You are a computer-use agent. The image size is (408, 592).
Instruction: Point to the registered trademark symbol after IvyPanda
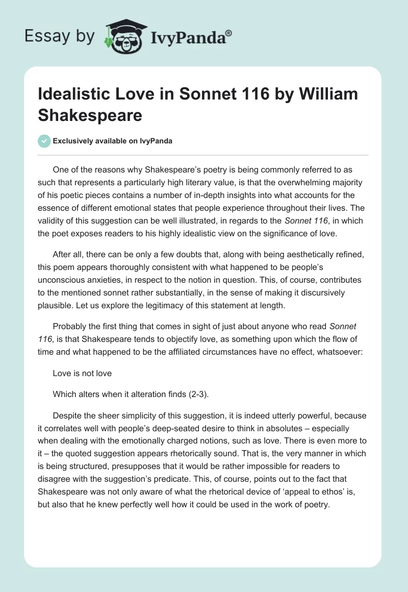pyautogui.click(x=228, y=34)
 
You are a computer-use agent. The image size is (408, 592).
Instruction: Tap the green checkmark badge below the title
pyautogui.click(x=45, y=141)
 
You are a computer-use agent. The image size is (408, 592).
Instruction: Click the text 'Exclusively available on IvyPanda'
pyautogui.click(x=112, y=141)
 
